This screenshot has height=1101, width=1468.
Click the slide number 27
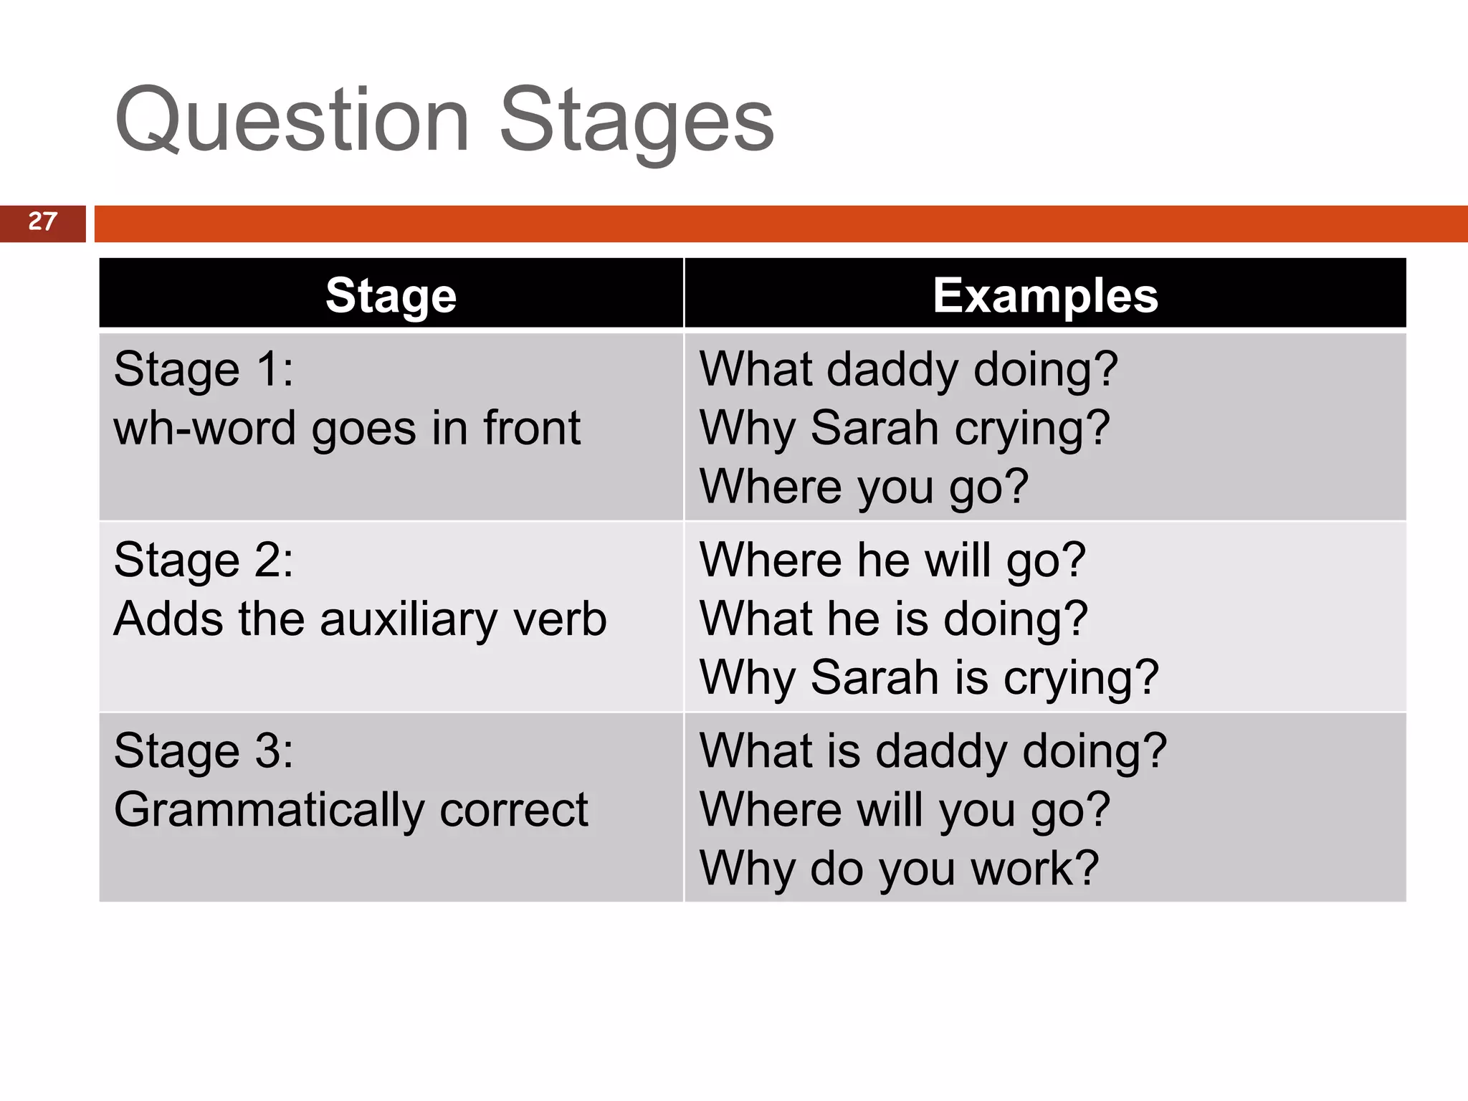point(42,221)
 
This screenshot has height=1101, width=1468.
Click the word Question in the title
point(292,120)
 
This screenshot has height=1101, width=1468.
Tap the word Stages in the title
point(637,120)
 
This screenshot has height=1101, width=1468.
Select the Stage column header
point(391,295)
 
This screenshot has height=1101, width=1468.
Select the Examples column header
point(1045,295)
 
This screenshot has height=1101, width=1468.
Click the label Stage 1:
point(204,370)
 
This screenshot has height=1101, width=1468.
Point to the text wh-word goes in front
point(347,429)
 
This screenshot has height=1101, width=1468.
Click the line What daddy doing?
point(908,370)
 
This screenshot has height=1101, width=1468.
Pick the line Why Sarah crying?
point(904,429)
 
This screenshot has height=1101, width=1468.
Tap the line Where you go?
point(864,487)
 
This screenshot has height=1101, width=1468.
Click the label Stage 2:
point(204,561)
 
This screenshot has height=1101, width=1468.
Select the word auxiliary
point(409,619)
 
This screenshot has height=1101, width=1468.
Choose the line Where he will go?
point(892,561)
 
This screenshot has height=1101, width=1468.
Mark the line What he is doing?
point(893,619)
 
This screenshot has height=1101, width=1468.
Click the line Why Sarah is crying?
point(928,678)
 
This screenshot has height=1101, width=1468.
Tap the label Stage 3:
point(204,751)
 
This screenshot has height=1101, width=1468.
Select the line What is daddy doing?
point(933,751)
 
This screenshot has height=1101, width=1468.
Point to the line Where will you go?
point(904,811)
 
